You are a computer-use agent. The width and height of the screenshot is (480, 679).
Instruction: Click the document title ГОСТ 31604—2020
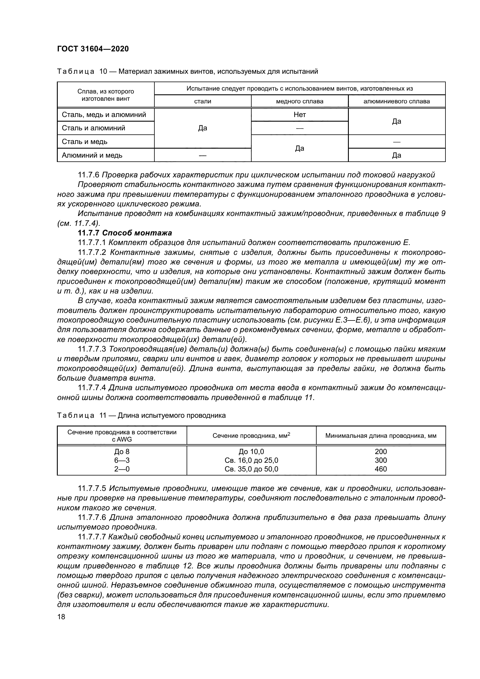click(93, 49)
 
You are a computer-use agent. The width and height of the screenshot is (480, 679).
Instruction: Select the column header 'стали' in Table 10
click(203, 101)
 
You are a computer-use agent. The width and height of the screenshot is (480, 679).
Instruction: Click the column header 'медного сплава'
click(299, 101)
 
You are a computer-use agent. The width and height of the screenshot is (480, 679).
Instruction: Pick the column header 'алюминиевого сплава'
click(396, 101)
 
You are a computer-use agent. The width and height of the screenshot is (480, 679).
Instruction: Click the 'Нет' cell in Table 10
click(299, 115)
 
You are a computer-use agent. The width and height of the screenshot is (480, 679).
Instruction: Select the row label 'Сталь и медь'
click(84, 142)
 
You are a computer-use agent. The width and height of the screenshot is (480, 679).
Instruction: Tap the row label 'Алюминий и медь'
click(92, 155)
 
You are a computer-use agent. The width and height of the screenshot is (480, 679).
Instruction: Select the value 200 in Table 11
click(380, 452)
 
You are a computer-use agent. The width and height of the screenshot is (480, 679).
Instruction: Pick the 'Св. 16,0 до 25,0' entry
click(251, 460)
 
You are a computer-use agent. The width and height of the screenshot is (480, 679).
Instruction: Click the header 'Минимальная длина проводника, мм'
click(381, 436)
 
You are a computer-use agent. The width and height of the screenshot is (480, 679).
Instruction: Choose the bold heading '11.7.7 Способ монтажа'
click(125, 233)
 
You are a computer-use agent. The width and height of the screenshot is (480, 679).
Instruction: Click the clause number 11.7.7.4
click(92, 388)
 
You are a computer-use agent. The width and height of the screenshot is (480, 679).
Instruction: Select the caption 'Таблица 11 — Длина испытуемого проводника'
click(141, 415)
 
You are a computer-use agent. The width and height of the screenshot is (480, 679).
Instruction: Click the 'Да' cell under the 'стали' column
click(203, 128)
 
